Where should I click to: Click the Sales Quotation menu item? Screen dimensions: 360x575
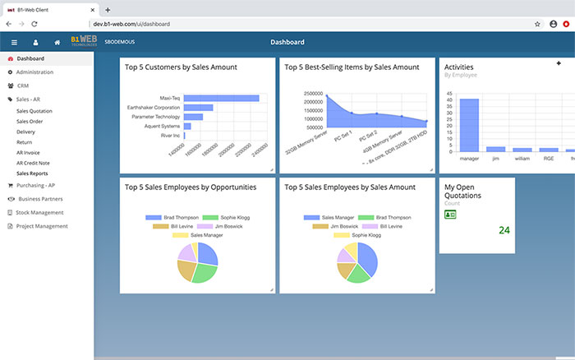coord(34,111)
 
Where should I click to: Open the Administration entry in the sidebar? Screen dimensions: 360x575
coord(34,72)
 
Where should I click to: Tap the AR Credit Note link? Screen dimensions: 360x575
coord(33,163)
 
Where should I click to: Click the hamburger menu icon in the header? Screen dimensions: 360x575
coord(14,42)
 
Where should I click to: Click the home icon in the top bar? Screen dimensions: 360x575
coord(57,42)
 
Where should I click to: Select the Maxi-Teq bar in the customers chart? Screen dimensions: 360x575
coord(221,98)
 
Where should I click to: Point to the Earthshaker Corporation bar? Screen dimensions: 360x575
coord(198,108)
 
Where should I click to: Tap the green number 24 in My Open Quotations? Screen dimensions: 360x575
coord(504,230)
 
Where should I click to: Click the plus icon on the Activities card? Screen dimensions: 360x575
coord(559,63)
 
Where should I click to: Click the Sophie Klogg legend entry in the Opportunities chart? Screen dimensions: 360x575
coord(231,218)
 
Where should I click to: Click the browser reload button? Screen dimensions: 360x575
coord(34,25)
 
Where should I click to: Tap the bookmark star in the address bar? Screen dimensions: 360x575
coord(537,25)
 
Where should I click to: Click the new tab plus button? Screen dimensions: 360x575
coord(108,9)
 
